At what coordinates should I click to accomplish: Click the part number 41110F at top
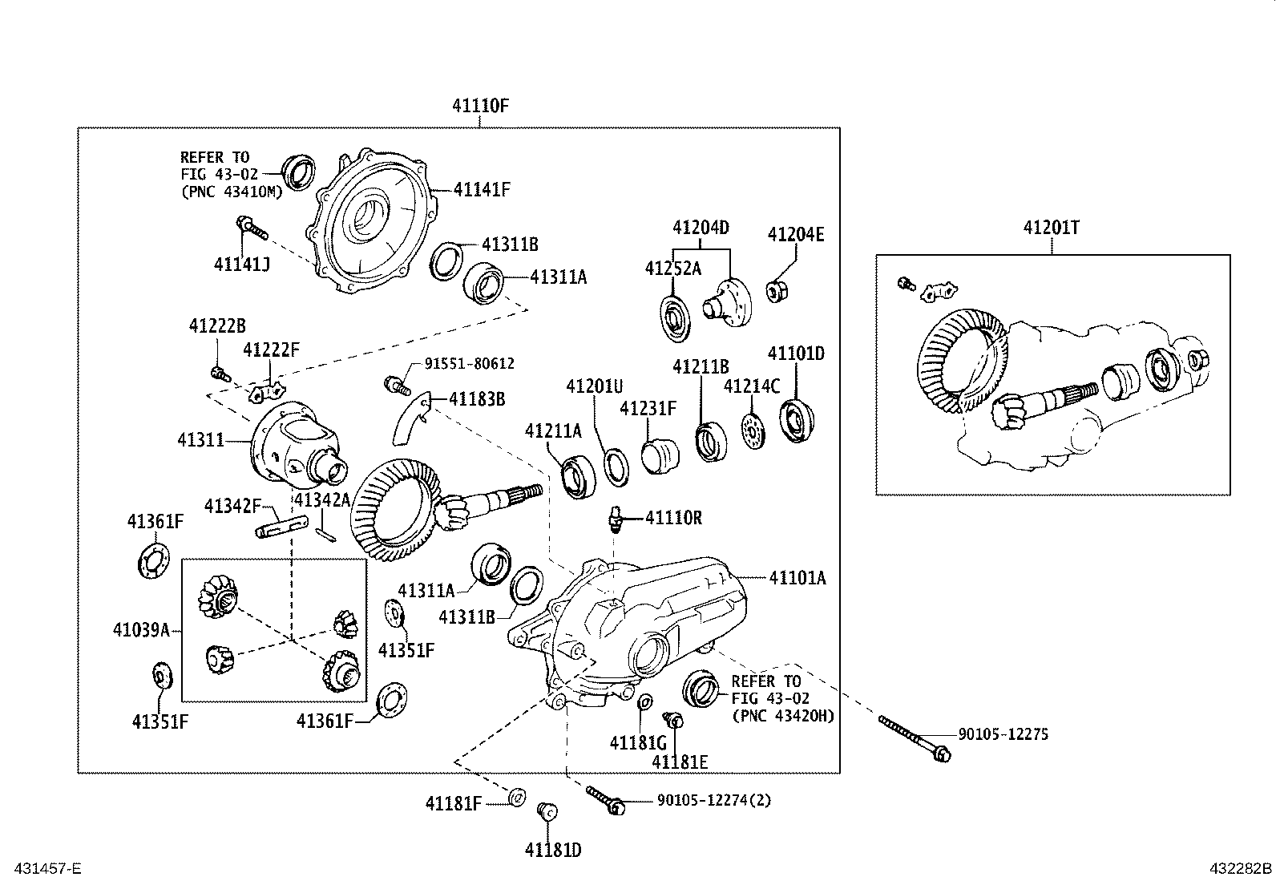480,105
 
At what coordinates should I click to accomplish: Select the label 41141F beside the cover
482,190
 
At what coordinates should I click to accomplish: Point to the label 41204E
795,234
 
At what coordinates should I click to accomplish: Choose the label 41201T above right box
1051,228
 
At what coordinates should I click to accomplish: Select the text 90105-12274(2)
713,800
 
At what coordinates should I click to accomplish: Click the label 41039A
141,630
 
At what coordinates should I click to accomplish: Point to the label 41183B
477,398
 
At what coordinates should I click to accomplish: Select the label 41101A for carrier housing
797,577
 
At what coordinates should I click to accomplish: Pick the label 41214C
751,386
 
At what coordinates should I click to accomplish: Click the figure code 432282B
1240,868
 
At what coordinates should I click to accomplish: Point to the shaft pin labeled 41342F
281,528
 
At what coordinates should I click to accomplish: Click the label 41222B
217,325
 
